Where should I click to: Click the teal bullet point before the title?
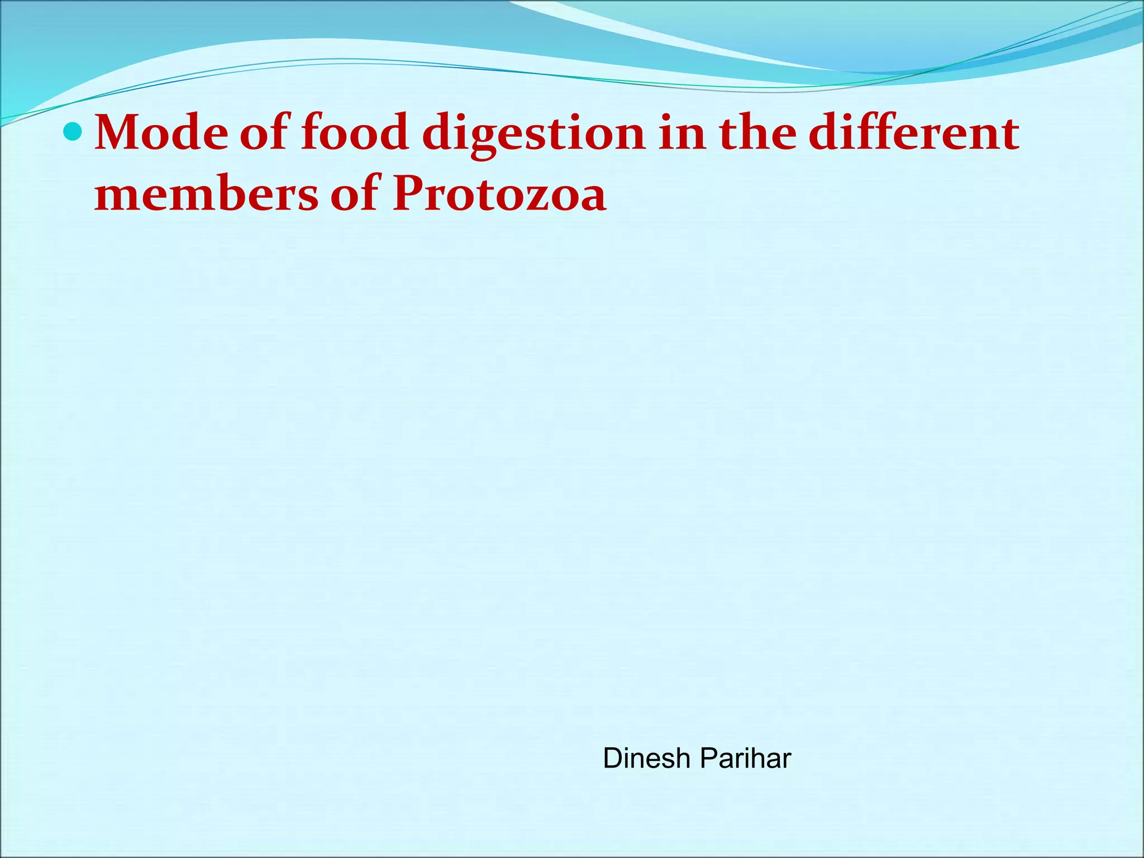[73, 132]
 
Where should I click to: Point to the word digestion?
[533, 134]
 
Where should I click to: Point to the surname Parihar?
[745, 759]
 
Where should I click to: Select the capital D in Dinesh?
[613, 759]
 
